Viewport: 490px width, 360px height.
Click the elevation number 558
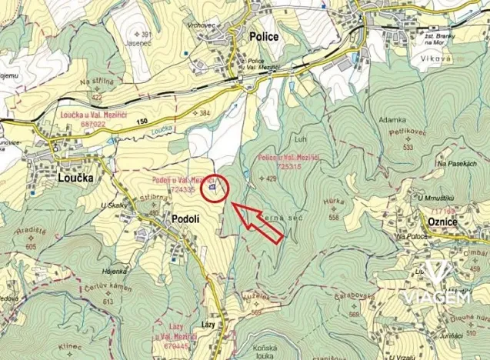pyautogui.click(x=333, y=217)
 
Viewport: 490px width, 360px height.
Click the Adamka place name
pyautogui.click(x=392, y=121)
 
